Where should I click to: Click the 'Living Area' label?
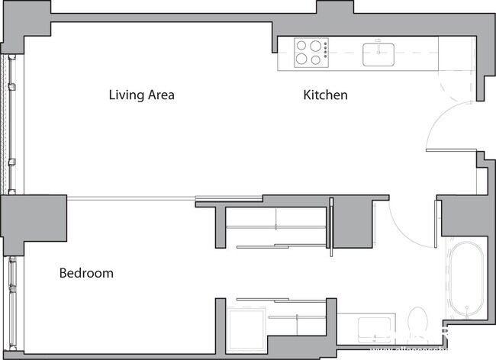coord(142,95)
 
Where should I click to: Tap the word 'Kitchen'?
coord(326,95)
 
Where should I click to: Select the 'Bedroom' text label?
coord(86,273)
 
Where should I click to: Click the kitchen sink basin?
coord(378,55)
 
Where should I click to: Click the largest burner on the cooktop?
coord(302,59)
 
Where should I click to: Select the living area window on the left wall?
coord(11,122)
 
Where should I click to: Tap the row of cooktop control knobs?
coord(326,52)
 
